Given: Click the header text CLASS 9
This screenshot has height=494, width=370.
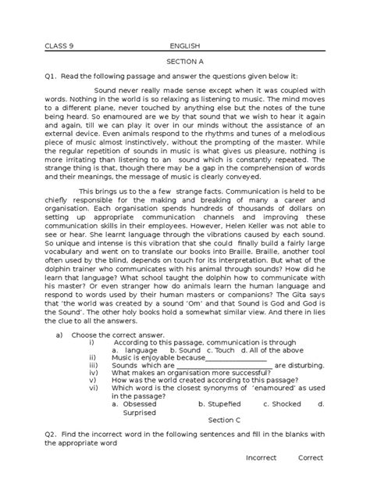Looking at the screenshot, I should click(60, 45).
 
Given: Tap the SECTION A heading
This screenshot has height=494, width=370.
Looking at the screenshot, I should click(185, 68).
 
